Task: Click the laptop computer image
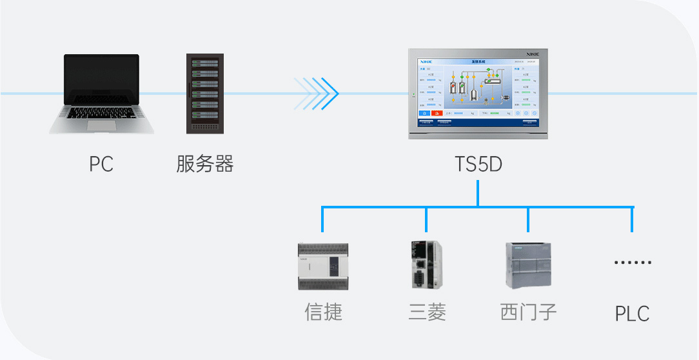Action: (x=102, y=94)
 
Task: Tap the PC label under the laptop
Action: (x=101, y=165)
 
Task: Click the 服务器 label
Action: (x=205, y=164)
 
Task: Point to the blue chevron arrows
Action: (x=317, y=94)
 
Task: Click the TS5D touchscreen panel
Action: (x=478, y=94)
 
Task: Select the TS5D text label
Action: (x=478, y=165)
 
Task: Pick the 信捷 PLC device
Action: (x=322, y=266)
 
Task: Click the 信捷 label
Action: (x=323, y=313)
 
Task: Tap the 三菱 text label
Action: (x=427, y=313)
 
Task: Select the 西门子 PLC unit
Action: (x=528, y=265)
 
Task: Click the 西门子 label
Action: (x=528, y=312)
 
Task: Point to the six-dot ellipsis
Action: (x=633, y=263)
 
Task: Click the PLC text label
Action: (x=632, y=314)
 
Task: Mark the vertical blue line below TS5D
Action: (x=478, y=194)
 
